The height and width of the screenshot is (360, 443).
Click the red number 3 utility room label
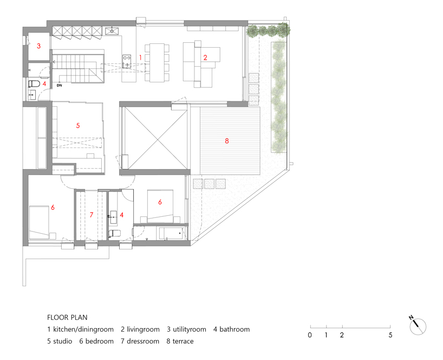[38, 46]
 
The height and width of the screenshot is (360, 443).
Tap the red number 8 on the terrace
[226, 141]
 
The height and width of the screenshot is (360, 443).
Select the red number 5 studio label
[78, 126]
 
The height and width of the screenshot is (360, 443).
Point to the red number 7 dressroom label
[92, 215]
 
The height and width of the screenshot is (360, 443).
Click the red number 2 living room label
[205, 57]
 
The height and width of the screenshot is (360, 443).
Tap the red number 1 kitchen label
[140, 57]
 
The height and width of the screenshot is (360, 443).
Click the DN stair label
[60, 85]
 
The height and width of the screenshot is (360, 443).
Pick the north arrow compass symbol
[418, 326]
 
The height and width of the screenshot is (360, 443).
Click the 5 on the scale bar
[390, 335]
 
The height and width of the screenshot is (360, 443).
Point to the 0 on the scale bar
[310, 335]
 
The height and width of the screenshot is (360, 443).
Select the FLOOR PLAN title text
[67, 318]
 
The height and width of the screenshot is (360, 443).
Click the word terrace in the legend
[183, 342]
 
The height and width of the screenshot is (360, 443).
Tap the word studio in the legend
[62, 342]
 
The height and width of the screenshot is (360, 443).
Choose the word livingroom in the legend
[143, 330]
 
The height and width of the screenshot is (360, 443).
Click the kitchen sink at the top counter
[112, 31]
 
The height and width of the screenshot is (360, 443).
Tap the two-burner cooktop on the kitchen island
[127, 57]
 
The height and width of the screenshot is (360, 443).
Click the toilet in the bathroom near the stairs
[34, 83]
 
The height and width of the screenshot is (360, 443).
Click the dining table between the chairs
[157, 63]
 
